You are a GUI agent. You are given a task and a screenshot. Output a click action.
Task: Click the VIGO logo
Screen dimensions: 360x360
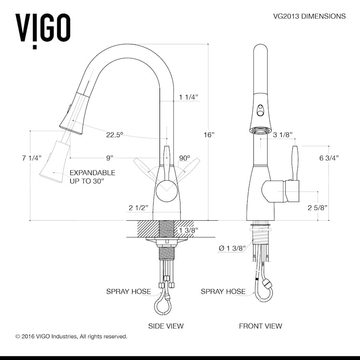tap(43, 30)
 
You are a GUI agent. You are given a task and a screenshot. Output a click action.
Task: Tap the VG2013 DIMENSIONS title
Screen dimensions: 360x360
tap(309, 16)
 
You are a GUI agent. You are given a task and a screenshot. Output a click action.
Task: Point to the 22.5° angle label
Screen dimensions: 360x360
tap(114, 134)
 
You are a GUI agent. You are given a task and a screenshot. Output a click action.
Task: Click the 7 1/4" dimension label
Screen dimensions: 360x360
tap(32, 158)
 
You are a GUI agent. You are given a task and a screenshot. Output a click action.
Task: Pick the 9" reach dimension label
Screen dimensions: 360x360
tap(110, 158)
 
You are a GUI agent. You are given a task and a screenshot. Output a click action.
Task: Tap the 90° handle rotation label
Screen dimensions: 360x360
tap(184, 158)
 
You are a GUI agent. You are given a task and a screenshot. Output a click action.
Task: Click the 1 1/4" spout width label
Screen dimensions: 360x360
tap(188, 97)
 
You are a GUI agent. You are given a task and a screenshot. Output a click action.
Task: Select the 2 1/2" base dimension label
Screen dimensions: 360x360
tap(138, 208)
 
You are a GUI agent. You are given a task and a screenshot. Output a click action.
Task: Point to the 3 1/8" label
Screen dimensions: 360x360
tap(283, 134)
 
